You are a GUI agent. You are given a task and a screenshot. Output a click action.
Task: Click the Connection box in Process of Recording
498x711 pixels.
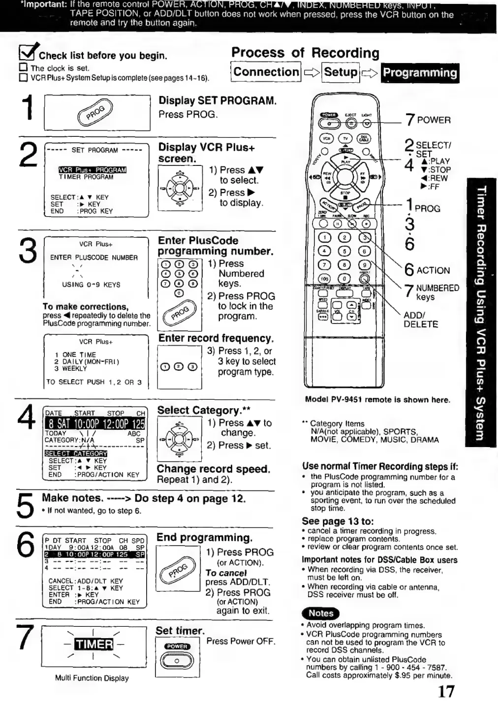[266, 72]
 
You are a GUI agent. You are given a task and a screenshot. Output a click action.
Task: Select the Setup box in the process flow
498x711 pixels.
[341, 72]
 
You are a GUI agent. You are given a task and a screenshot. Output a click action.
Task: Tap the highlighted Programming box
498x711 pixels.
[420, 73]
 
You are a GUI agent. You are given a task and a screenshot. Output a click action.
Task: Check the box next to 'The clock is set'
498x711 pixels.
[23, 68]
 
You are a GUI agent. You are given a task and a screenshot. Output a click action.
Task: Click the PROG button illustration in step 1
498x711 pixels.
[96, 113]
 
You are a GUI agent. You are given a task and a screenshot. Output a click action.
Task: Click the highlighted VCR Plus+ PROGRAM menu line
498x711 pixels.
[93, 170]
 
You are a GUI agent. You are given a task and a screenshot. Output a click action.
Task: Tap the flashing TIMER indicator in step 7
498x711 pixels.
[93, 644]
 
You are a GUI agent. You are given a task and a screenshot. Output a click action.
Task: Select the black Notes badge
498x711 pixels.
[321, 613]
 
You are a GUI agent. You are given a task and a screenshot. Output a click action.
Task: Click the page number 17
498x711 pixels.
[446, 691]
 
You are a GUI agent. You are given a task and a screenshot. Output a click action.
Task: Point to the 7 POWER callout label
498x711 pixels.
[428, 120]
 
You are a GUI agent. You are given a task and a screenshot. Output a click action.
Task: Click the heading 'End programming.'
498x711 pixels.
[204, 537]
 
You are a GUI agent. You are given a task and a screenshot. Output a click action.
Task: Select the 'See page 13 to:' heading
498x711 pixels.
[338, 521]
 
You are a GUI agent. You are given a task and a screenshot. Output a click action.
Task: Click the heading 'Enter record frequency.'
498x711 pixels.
[216, 338]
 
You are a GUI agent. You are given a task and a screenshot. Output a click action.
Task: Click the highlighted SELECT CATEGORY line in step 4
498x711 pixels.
[76, 453]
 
